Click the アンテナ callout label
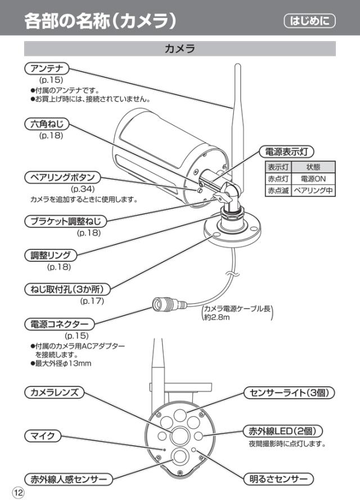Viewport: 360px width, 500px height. [x=47, y=69]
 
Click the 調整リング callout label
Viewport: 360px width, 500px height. [x=51, y=255]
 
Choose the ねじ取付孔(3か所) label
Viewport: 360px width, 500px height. [x=67, y=289]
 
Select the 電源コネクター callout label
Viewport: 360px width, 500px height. [x=59, y=324]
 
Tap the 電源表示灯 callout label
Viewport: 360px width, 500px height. [x=286, y=151]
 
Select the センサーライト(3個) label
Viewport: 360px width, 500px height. [x=290, y=392]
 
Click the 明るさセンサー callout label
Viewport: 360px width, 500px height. [x=278, y=479]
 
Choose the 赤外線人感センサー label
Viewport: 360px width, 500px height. [x=68, y=479]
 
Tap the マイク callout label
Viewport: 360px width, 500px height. [x=42, y=435]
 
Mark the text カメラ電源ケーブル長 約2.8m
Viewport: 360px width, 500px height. [x=237, y=313]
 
